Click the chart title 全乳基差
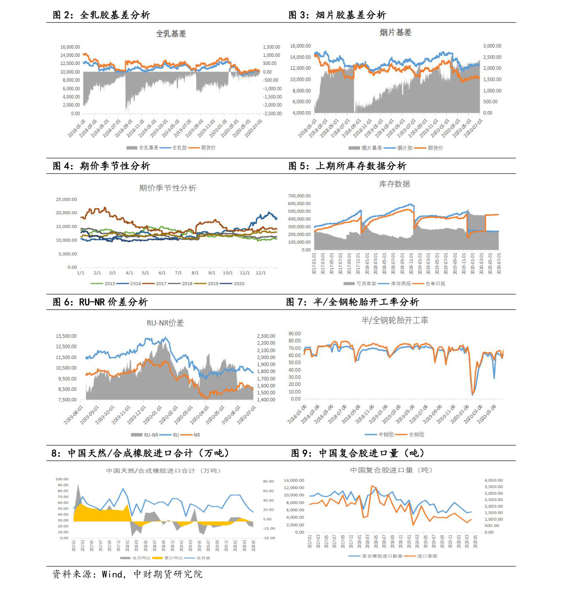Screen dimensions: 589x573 click(171, 34)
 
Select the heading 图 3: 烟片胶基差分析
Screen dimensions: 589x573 click(337, 15)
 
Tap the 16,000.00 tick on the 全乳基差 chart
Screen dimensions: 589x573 click(70, 47)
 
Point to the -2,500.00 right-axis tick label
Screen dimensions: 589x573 click(272, 114)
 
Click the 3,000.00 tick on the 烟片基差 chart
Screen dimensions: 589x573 click(492, 46)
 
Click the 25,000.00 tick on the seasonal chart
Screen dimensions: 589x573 click(66, 200)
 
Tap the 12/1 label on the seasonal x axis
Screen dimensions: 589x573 click(261, 273)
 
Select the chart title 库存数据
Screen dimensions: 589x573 click(395, 184)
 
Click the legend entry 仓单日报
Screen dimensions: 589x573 click(435, 284)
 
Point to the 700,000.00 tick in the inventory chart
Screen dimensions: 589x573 click(299, 196)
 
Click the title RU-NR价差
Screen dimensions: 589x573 click(165, 323)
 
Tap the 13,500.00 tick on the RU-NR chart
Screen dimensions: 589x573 click(66, 336)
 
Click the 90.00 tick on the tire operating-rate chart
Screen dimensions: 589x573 click(294, 333)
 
